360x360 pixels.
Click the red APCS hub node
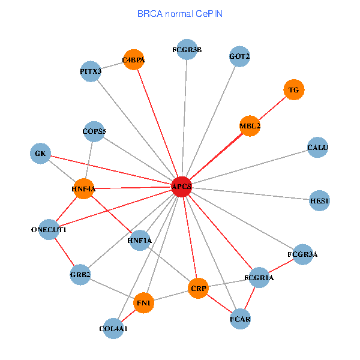[181, 187]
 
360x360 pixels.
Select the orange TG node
[293, 90]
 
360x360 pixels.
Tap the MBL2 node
[250, 126]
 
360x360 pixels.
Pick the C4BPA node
[133, 60]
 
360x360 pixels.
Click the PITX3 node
[91, 72]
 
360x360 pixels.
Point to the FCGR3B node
[187, 50]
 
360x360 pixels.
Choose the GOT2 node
[239, 57]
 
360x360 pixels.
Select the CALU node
[317, 148]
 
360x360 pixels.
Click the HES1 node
[320, 200]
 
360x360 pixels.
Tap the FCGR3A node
[302, 254]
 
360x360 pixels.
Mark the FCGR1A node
[259, 278]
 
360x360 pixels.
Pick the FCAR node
[240, 319]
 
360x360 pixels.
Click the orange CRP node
[198, 289]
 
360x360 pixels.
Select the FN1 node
[143, 303]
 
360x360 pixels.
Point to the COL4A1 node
[113, 328]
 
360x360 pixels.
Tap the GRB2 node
[80, 275]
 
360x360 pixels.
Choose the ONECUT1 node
[49, 230]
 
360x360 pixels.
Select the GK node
[40, 154]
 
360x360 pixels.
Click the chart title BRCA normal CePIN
[180, 13]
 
